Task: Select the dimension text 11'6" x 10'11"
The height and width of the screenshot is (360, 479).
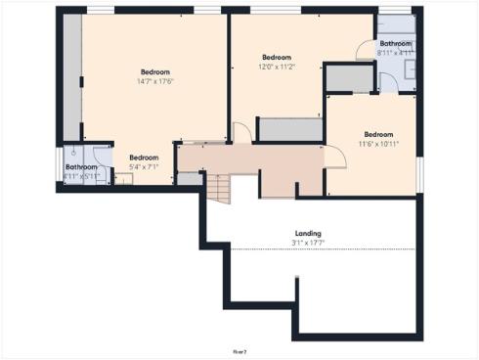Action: [378, 144]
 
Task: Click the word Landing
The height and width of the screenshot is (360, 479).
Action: [308, 233]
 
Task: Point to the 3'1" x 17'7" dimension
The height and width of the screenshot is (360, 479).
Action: [308, 242]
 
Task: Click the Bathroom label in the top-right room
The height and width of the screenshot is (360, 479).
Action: [396, 44]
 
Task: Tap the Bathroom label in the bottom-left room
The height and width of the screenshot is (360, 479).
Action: [81, 167]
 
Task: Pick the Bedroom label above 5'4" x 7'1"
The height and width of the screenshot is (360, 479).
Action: [144, 157]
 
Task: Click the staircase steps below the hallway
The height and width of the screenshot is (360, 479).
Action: [221, 189]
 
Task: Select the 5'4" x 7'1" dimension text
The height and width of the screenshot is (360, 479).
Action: [144, 167]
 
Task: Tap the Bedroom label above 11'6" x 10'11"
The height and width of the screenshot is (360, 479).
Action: [378, 134]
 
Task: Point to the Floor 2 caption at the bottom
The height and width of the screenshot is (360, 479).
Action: [239, 349]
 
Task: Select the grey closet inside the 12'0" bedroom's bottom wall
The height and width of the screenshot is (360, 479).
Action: [290, 130]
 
